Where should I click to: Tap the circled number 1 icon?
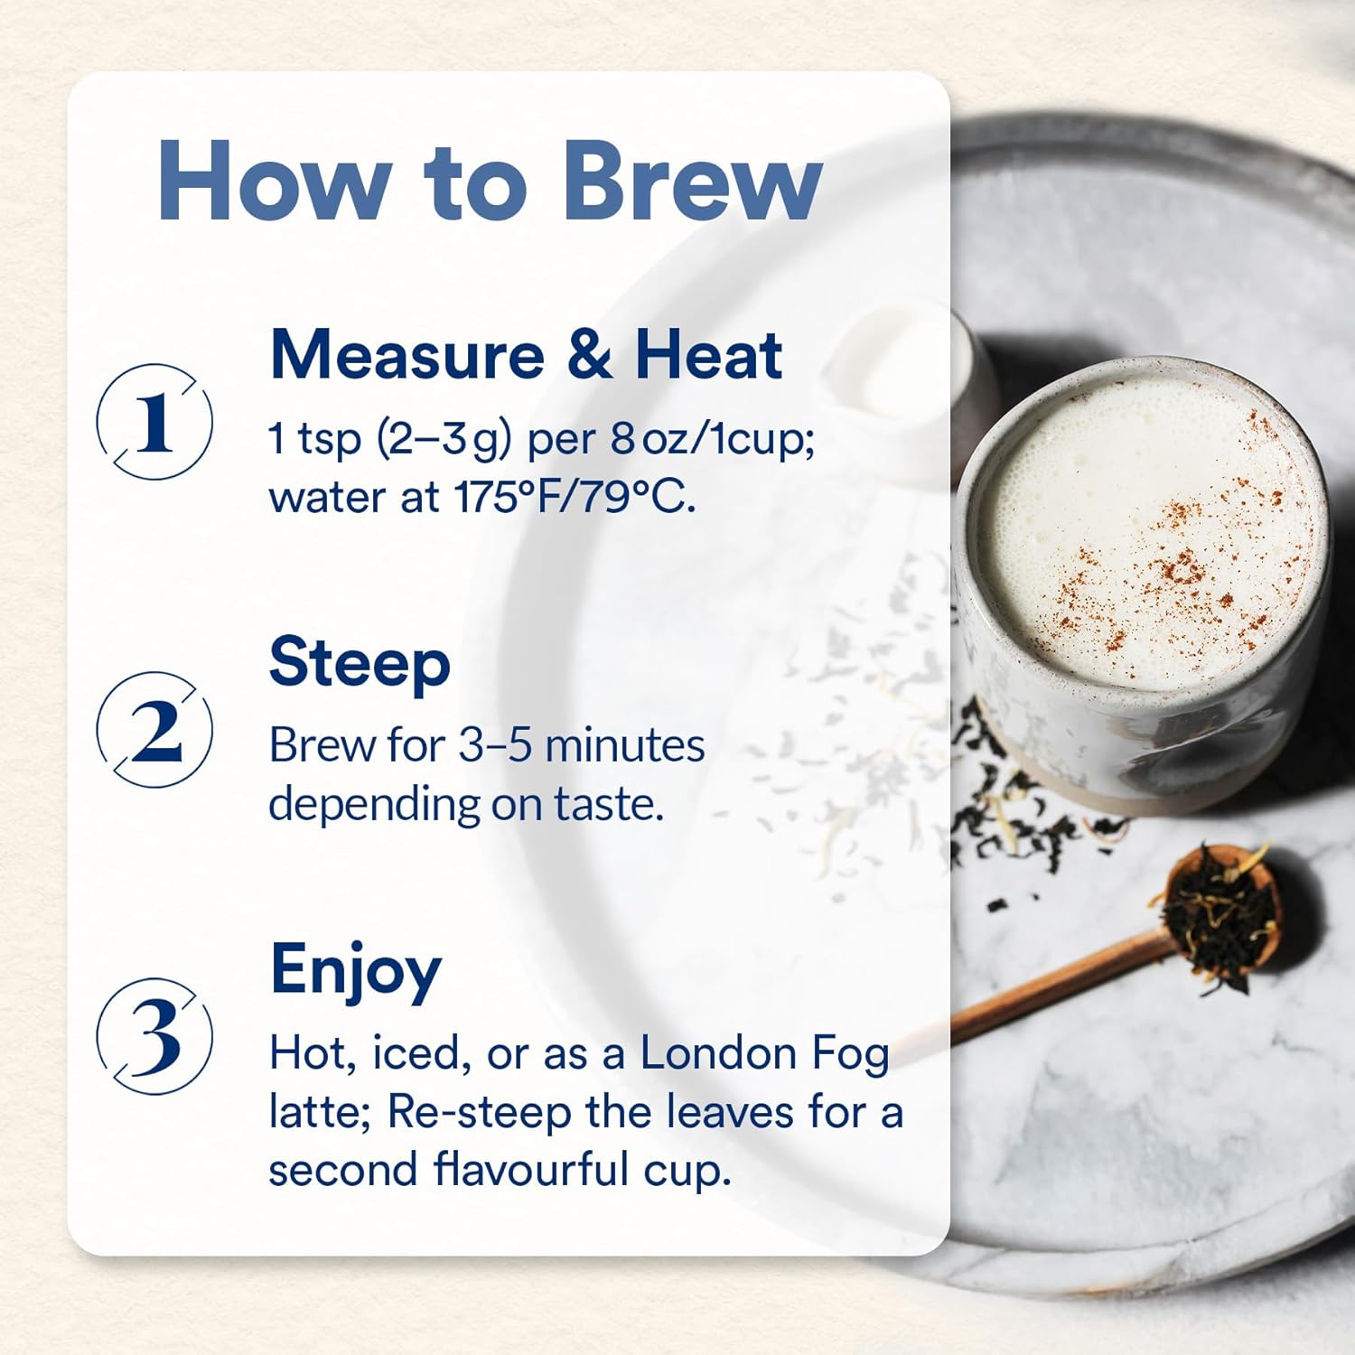pos(155,422)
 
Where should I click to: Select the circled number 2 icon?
pos(155,730)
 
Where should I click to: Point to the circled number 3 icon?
pos(155,1035)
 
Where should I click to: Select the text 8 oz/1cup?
pos(712,440)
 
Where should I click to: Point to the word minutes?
pos(625,746)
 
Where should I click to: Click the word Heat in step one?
pos(708,355)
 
